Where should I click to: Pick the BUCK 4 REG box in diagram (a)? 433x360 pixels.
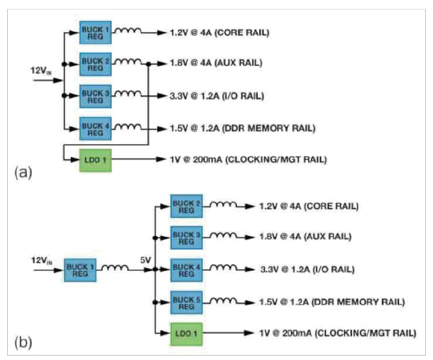pyautogui.click(x=96, y=128)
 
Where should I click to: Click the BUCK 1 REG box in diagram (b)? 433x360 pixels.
pyautogui.click(x=79, y=270)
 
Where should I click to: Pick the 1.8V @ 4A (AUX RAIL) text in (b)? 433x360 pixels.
pyautogui.click(x=305, y=238)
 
